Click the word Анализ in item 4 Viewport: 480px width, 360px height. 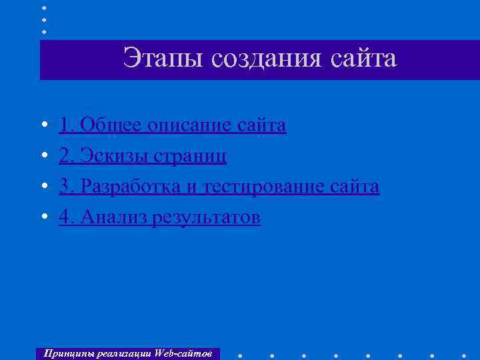pyautogui.click(x=111, y=218)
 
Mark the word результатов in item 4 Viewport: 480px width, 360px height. pyautogui.click(x=207, y=219)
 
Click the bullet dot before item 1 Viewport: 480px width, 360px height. pyautogui.click(x=43, y=125)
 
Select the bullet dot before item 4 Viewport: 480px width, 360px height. pyautogui.click(x=43, y=219)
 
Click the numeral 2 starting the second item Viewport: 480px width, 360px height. pyautogui.click(x=65, y=156)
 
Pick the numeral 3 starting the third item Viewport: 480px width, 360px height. pyautogui.click(x=65, y=187)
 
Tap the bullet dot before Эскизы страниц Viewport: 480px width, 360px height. pyautogui.click(x=43, y=157)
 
